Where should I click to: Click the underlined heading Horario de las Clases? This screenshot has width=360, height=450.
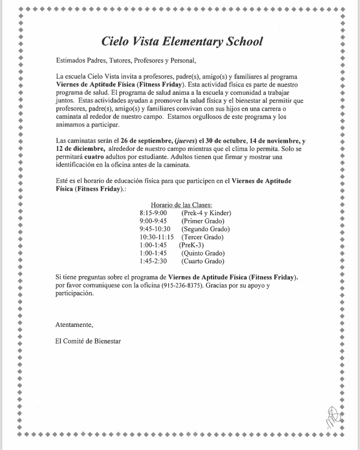pos(181,204)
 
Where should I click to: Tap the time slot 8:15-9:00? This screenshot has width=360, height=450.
pos(153,212)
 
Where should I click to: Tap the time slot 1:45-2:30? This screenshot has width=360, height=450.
pos(153,262)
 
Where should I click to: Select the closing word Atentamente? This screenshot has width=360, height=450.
pos(75,325)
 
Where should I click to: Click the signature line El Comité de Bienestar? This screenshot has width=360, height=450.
pos(88,342)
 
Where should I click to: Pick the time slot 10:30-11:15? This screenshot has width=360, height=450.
pos(156,237)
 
